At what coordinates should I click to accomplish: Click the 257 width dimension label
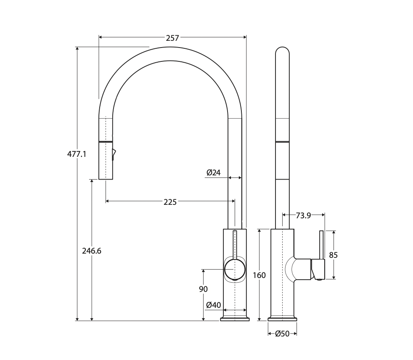tap(172, 38)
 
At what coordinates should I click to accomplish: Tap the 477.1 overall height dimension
tap(77, 154)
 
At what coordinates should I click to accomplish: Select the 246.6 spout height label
tap(91, 251)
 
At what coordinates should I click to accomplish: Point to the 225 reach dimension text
tap(170, 202)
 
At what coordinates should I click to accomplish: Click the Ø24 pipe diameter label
tap(214, 172)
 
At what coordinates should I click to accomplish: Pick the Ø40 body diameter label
tap(214, 305)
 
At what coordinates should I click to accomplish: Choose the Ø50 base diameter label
tap(282, 334)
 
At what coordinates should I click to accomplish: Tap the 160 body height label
tap(259, 275)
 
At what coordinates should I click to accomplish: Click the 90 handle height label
tap(203, 289)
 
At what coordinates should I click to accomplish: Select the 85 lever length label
tap(334, 255)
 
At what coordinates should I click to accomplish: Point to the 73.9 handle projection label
tap(303, 215)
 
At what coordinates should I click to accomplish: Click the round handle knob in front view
tap(234, 269)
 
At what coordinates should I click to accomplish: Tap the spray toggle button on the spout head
tap(114, 154)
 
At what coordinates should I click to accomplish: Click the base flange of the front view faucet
tap(235, 318)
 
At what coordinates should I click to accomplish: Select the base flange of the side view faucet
tap(282, 318)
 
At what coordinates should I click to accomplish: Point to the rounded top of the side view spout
tap(282, 51)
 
